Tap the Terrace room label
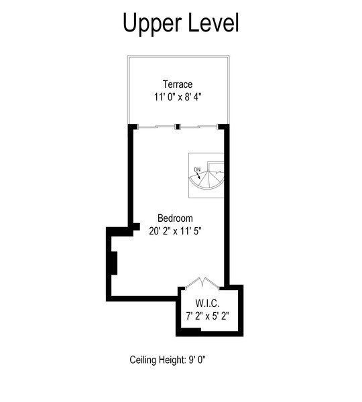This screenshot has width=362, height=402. pos(178,84)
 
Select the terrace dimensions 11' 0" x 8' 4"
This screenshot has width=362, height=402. pos(178,96)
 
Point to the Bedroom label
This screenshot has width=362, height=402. pos(175,218)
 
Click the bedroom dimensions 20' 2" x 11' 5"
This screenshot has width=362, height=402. pos(175,230)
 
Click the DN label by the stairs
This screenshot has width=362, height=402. pos(197,168)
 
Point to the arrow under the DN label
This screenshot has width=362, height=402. pos(200,175)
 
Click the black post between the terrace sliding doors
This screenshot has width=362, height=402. pos(177,127)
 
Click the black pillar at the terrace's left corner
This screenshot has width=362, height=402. pos(133,127)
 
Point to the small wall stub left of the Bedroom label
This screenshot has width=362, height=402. pos(136,227)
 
